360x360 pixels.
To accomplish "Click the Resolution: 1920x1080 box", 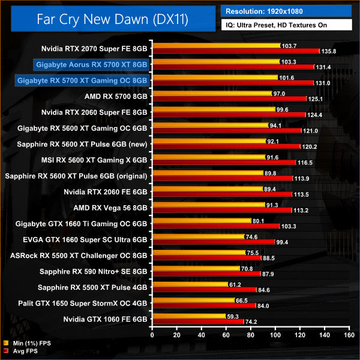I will click(x=287, y=10).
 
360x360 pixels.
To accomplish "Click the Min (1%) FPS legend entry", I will click(x=28, y=344).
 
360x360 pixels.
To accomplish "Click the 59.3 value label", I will click(x=230, y=316).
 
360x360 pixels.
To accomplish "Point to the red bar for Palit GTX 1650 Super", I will click(x=203, y=306).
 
